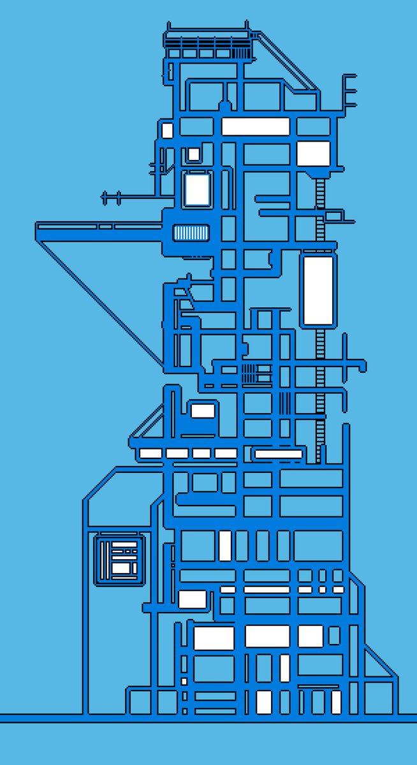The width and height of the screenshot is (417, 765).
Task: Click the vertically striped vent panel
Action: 191,233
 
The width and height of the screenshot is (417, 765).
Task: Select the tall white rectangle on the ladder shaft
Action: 318,290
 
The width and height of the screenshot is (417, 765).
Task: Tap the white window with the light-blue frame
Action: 196,189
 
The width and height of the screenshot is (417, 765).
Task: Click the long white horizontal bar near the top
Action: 256,126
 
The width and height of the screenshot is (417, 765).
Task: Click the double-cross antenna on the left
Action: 112,198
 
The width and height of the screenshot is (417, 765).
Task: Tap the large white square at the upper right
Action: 314,154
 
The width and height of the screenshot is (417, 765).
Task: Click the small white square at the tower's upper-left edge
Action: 167,131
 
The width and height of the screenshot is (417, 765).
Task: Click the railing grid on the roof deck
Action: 207,46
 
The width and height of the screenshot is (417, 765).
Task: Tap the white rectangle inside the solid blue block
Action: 203,411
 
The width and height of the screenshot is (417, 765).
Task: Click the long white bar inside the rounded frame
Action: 278,454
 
